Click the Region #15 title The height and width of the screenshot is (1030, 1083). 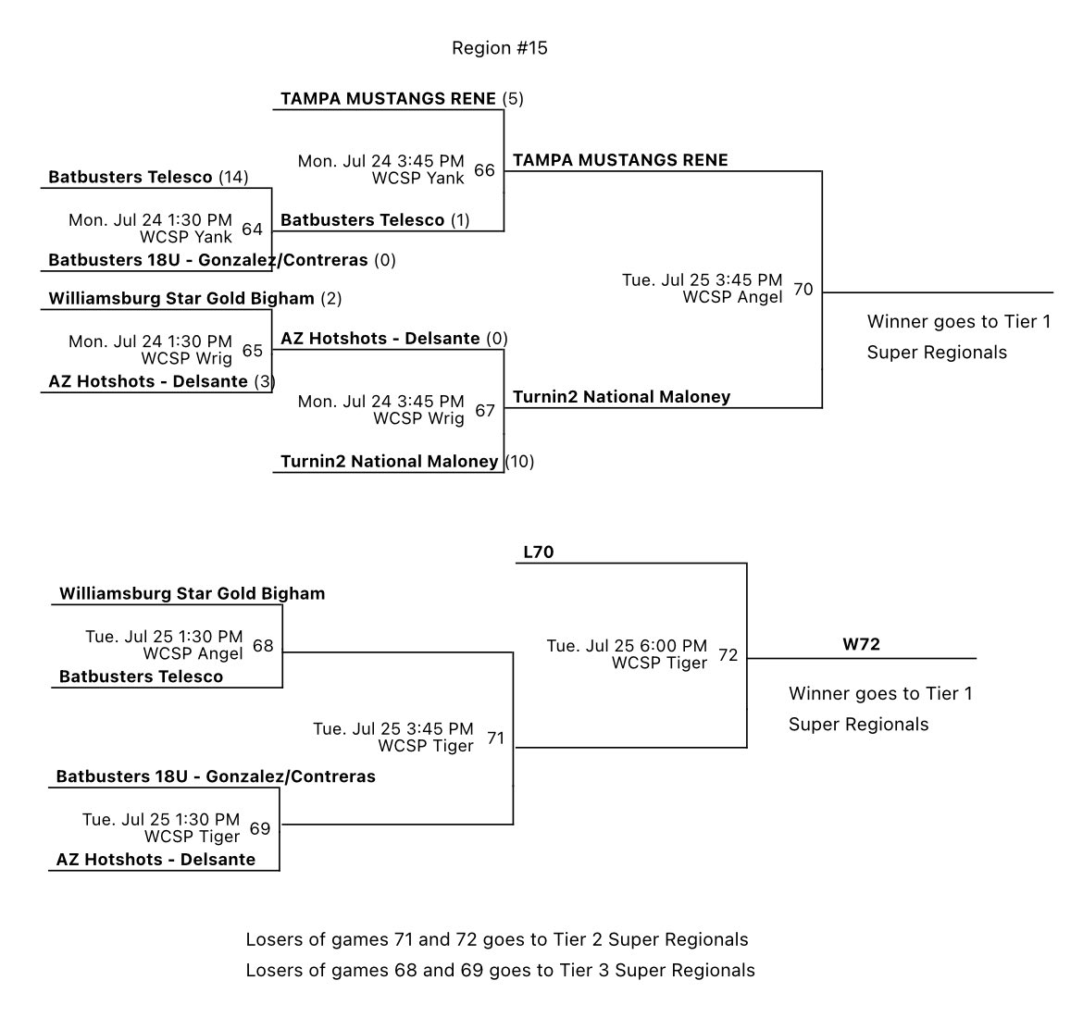point(499,48)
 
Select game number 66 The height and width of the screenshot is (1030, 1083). point(484,170)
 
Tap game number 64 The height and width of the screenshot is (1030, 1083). point(252,230)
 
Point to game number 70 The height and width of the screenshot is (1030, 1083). point(803,290)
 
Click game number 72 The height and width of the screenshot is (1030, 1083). point(728,655)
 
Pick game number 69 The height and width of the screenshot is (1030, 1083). point(260,828)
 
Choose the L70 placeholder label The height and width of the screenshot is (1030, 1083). point(538,552)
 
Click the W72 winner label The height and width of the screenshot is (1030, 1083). point(861,644)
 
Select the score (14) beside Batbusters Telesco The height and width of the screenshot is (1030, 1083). point(233,177)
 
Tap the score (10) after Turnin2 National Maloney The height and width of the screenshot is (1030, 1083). point(519,461)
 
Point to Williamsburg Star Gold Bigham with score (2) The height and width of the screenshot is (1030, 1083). point(181,299)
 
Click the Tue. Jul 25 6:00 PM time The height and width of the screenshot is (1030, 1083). point(627,646)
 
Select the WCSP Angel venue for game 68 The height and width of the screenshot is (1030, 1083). point(193,653)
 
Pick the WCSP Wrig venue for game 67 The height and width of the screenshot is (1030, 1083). point(418,418)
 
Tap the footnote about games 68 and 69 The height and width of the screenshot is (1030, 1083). point(500,970)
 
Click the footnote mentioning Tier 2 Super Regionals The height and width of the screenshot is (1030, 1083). point(496,939)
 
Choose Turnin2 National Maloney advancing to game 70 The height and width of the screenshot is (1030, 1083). point(621,397)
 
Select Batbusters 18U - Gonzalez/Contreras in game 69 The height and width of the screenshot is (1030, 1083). point(216,776)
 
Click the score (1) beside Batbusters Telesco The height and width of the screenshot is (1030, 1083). point(460,220)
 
